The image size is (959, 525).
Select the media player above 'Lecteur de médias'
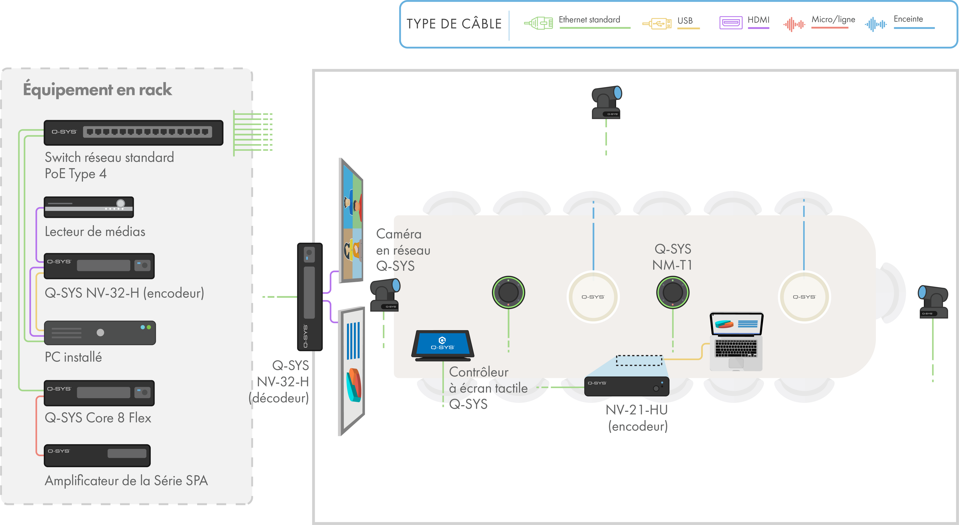coord(89,207)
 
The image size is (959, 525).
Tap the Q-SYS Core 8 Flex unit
coord(99,393)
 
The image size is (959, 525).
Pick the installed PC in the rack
coord(100,332)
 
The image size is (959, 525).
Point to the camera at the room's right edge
coord(933,302)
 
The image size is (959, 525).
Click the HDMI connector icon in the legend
coord(730,23)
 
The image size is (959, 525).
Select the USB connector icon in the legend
coord(657,23)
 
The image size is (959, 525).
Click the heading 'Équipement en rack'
coord(98,90)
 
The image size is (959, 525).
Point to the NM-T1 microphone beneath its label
coord(672,292)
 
